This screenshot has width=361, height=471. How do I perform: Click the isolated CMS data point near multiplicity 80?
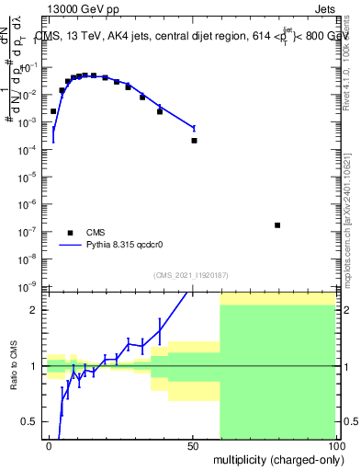tap(277, 224)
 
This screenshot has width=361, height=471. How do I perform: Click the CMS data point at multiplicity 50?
tap(194, 141)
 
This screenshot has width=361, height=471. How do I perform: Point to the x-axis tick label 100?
tap(335, 445)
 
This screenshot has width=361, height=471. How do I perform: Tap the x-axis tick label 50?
tap(193, 445)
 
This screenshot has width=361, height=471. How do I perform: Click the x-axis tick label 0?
tap(49, 445)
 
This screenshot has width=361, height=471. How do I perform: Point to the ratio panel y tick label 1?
tap(34, 366)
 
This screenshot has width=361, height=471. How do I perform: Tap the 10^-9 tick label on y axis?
tap(29, 286)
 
